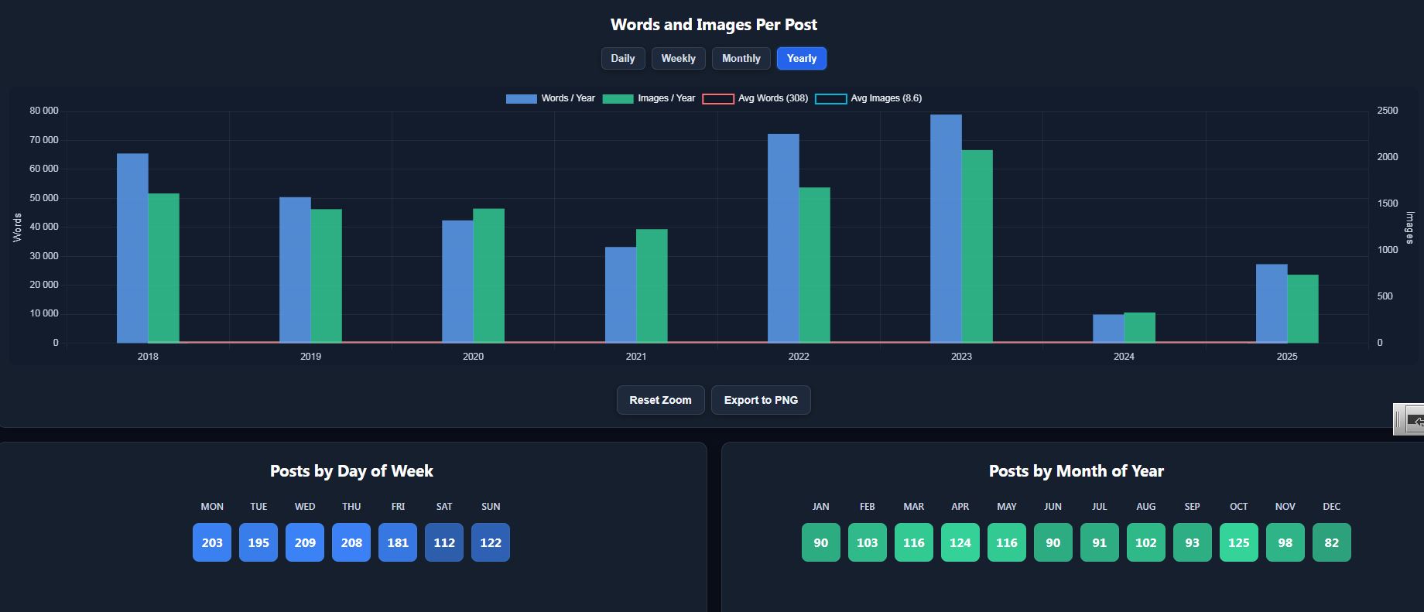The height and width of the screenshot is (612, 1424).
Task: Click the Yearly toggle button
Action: [x=801, y=59]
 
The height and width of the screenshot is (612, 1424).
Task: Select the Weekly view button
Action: [x=678, y=59]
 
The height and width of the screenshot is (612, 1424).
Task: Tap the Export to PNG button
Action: [x=761, y=400]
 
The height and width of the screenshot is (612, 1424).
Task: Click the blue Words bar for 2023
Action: [x=946, y=228]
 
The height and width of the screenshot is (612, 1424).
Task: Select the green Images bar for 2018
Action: [x=163, y=268]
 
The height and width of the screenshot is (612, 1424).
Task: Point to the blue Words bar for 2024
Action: [x=1108, y=329]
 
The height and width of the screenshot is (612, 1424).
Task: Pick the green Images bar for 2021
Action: [x=652, y=285]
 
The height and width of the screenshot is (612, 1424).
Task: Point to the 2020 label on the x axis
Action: [x=473, y=357]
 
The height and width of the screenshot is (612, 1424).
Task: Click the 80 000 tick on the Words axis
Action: [x=44, y=111]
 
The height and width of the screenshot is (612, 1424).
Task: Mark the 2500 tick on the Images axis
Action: [x=1387, y=111]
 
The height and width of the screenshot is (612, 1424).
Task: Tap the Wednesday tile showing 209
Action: [x=305, y=542]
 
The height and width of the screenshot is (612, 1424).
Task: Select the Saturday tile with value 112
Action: [x=444, y=542]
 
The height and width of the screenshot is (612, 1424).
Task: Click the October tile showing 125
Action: [x=1238, y=542]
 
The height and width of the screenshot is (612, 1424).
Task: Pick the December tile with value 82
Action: [x=1331, y=542]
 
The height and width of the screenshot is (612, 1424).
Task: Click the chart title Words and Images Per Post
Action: [x=714, y=25]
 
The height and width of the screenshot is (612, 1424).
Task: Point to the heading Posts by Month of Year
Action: [x=1076, y=471]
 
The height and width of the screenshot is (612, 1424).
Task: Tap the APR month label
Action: [x=960, y=507]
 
